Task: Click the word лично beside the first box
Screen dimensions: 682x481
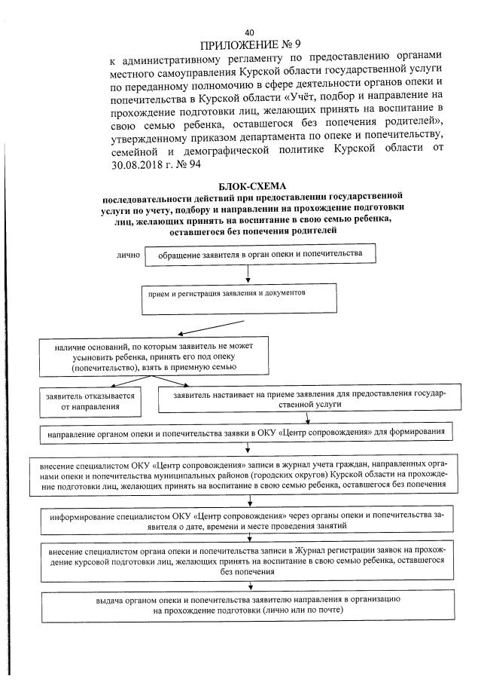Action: pos(128,255)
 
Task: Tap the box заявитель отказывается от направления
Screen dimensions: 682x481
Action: pos(91,400)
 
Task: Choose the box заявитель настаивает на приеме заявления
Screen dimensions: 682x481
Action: pos(309,399)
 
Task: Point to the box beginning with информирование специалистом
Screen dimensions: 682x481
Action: pos(248,520)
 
